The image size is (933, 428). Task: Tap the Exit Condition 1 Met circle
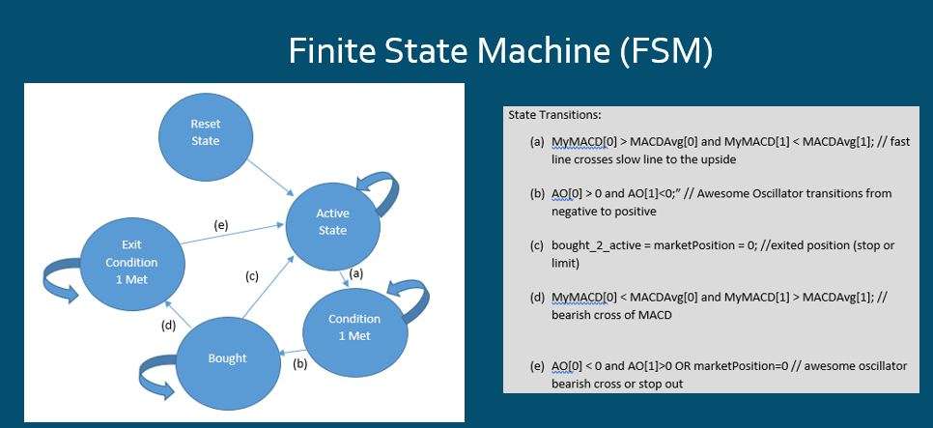coord(132,262)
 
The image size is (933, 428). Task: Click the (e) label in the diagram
coord(221,225)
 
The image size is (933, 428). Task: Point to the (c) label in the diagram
coord(252,276)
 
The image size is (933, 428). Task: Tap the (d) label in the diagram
coord(169,326)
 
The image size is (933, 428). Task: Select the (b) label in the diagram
coord(299,363)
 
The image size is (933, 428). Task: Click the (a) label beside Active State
coord(355,273)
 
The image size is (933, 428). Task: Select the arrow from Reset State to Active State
coord(270,177)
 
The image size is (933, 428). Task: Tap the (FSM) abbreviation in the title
coord(666,52)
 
